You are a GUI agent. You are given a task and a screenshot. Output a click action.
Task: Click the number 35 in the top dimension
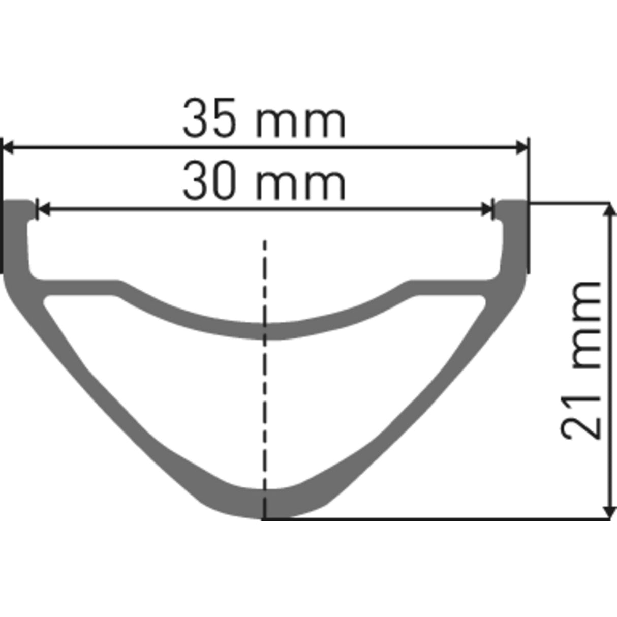tap(209, 120)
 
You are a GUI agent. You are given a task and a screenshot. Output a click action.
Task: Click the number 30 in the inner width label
tap(209, 181)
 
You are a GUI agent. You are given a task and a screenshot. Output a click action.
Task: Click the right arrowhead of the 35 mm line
tap(522, 148)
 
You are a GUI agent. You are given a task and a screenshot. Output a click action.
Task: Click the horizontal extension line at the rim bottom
tap(432, 519)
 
